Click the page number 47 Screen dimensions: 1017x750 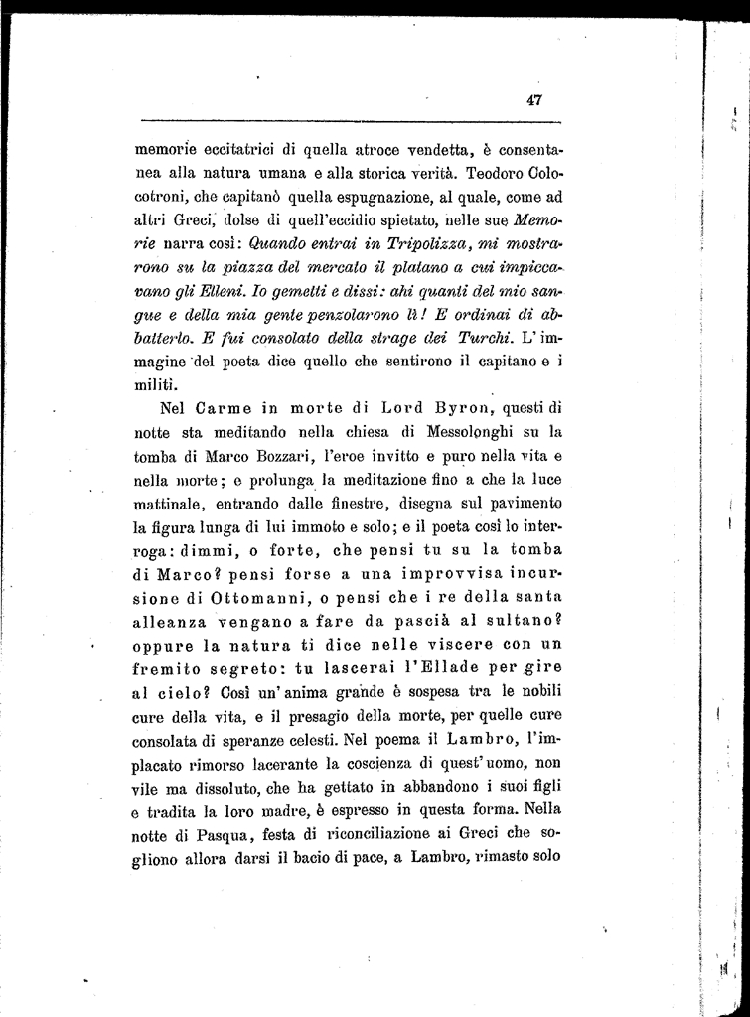coord(533,99)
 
